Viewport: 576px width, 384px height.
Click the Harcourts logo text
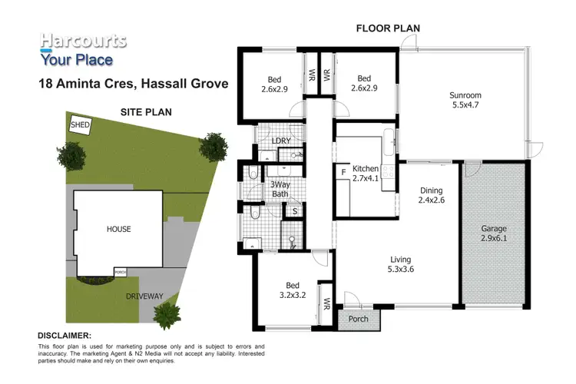[x=83, y=41]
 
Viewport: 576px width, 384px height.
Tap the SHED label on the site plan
[x=79, y=124]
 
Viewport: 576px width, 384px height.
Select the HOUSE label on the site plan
[x=118, y=229]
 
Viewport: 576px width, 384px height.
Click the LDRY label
[x=281, y=141]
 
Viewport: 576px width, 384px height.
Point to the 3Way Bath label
[x=280, y=189]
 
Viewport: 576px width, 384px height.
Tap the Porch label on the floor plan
[x=358, y=319]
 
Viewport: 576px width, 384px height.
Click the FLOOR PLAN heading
[x=387, y=28]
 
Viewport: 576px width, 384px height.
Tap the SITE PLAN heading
[x=146, y=111]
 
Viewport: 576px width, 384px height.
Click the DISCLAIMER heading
[x=65, y=336]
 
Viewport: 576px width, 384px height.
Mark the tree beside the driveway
[x=167, y=313]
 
